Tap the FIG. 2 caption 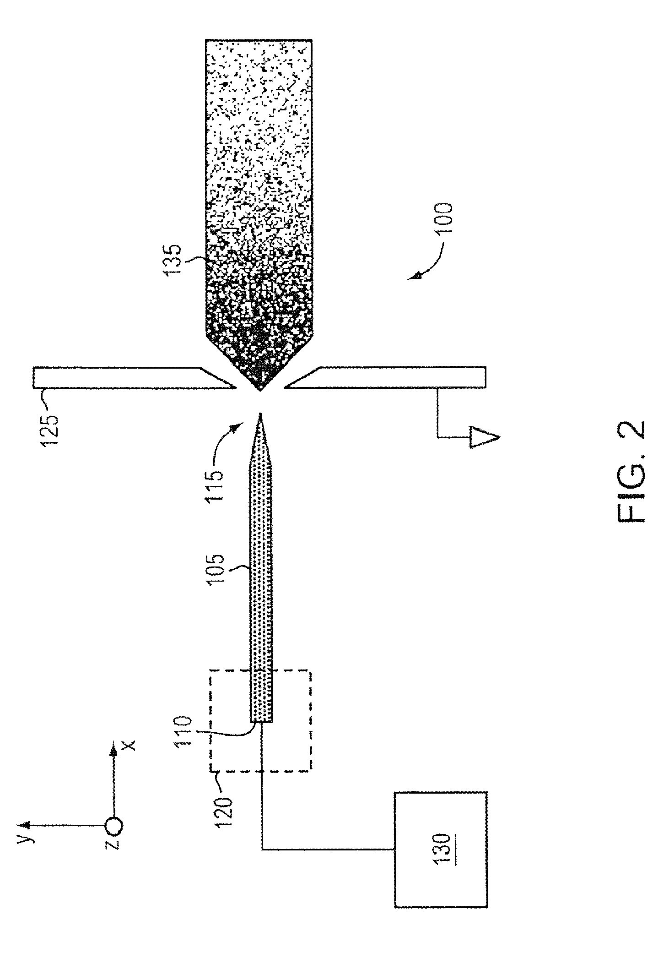pyautogui.click(x=631, y=472)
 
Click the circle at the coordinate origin pyautogui.click(x=113, y=827)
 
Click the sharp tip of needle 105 pyautogui.click(x=260, y=415)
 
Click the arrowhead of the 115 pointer pyautogui.click(x=236, y=428)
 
